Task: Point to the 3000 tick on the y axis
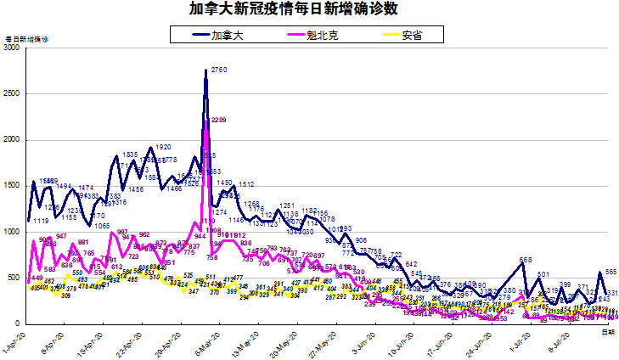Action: [12, 48]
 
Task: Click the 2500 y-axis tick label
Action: [12, 94]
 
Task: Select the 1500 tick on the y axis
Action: [12, 186]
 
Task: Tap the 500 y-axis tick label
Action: [14, 278]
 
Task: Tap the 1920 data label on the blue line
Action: [164, 147]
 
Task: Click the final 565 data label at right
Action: [611, 272]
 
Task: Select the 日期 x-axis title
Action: [608, 332]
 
